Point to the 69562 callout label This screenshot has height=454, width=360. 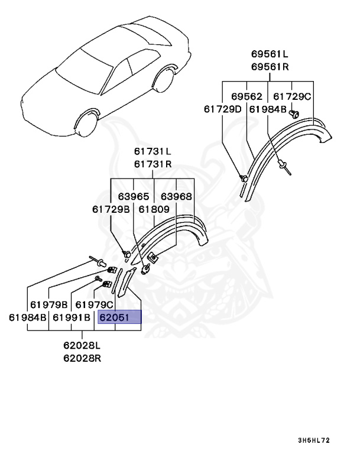tap(247, 96)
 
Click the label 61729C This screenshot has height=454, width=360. tap(291, 96)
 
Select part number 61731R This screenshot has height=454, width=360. tap(152, 164)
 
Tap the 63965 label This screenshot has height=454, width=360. tap(133, 196)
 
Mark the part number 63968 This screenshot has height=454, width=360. tap(176, 196)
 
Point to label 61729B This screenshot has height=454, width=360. tap(111, 209)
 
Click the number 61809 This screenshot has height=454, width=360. tap(154, 209)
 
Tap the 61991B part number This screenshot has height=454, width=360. tap(72, 317)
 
